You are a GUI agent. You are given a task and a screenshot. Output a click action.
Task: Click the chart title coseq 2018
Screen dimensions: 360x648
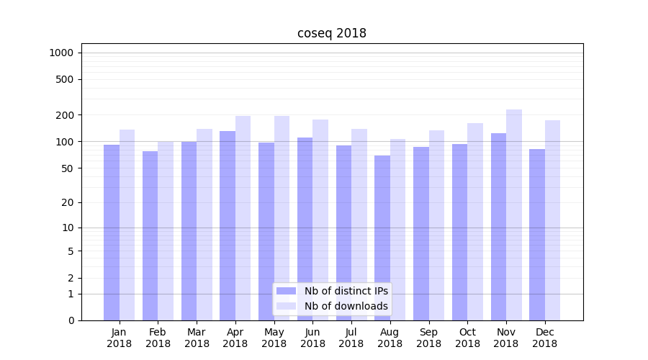[331, 33]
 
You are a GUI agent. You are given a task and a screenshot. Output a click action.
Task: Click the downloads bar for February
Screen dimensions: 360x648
[166, 230]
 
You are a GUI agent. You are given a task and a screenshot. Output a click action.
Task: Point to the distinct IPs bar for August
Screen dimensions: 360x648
[382, 238]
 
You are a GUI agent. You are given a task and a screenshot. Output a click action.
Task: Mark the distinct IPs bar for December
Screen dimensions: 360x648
[537, 234]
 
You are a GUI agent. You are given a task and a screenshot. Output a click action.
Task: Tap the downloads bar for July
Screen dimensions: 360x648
[359, 224]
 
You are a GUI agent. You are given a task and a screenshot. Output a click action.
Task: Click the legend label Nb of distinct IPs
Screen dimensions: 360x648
[346, 291]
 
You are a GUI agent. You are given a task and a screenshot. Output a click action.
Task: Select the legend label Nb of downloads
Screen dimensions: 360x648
[346, 306]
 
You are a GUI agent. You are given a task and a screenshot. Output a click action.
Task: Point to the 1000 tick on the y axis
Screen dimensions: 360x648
[61, 53]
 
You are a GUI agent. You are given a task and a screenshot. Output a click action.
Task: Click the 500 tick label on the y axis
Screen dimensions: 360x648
[65, 79]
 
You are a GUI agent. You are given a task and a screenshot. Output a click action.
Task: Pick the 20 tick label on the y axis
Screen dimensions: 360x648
[68, 202]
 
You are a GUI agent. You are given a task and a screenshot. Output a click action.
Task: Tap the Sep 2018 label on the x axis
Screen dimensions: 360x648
[428, 338]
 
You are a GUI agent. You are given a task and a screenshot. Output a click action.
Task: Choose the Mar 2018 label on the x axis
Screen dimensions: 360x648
[197, 338]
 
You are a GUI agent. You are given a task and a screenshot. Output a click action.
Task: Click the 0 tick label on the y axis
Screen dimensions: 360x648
[71, 320]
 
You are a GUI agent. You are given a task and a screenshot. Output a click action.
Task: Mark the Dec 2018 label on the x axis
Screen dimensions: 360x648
[545, 338]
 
